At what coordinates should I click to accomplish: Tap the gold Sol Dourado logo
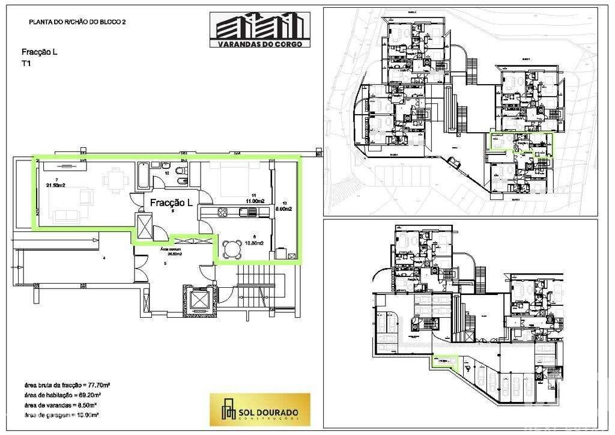point(259,409)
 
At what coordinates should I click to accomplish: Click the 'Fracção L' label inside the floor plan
point(171,202)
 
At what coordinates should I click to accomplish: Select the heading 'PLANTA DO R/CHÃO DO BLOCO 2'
point(77,22)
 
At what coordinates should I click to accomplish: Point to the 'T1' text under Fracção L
point(26,63)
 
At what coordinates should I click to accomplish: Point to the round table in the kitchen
point(232,249)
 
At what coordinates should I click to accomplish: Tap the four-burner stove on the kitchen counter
point(220,211)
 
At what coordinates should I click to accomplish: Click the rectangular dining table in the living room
point(112,178)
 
